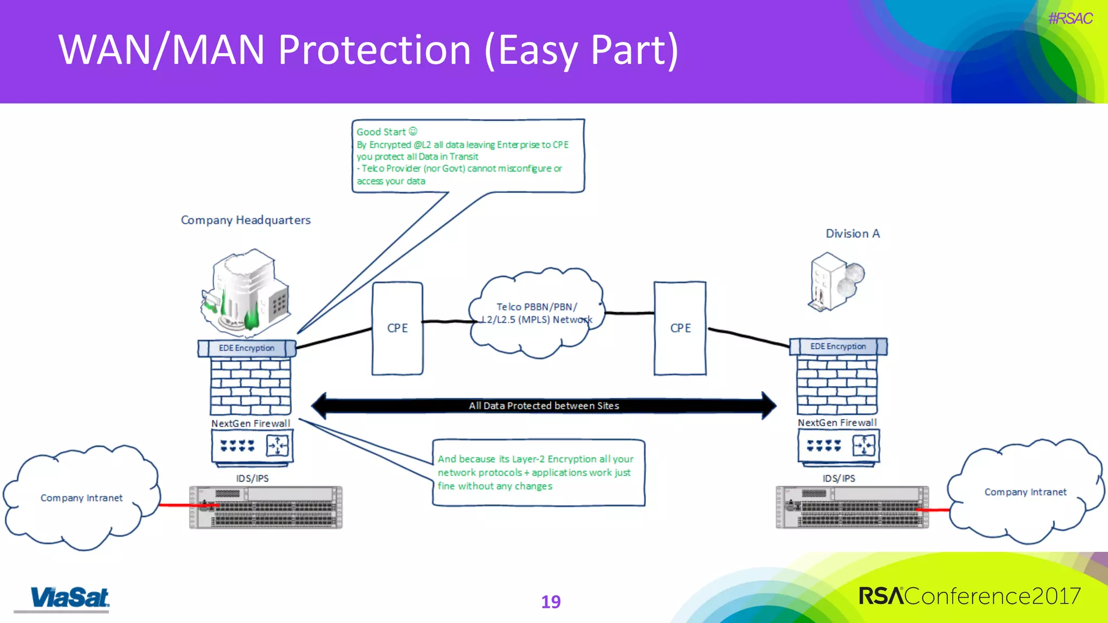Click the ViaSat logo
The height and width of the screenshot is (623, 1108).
[69, 598]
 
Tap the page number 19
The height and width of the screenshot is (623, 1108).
[551, 602]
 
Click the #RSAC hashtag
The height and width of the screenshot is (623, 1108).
[1070, 18]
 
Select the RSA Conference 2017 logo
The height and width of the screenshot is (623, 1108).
[969, 596]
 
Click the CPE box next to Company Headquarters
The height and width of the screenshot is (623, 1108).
[397, 328]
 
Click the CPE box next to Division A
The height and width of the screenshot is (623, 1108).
[680, 328]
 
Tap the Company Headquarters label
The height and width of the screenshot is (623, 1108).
[246, 220]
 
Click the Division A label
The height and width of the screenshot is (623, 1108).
[853, 234]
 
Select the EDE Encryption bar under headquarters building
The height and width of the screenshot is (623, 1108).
[247, 348]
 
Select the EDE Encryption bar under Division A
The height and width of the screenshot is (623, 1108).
[838, 347]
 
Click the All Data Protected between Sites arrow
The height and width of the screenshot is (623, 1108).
[544, 406]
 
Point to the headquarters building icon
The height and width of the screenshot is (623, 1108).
[246, 292]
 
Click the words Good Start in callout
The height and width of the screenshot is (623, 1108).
[381, 132]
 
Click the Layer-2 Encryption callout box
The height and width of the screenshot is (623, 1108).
[538, 473]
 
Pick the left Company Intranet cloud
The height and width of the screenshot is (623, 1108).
[81, 498]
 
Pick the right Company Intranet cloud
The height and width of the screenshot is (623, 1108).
[1025, 492]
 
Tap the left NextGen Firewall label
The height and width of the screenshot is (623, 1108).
[250, 423]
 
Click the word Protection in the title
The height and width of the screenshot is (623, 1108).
[374, 50]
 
